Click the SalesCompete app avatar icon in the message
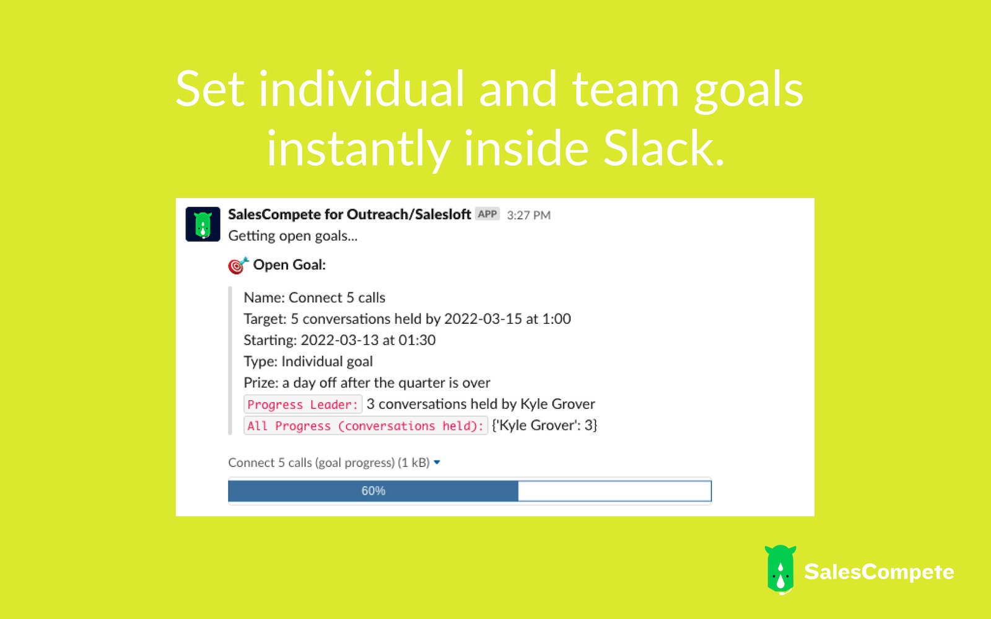[203, 224]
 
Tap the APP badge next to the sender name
[487, 214]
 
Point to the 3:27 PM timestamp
[529, 215]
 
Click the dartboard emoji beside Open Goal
[238, 266]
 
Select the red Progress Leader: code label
[303, 404]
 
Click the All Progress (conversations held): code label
[365, 425]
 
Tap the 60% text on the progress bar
[373, 491]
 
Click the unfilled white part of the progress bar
[614, 491]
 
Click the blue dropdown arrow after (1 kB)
[437, 462]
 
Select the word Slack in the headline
[663, 148]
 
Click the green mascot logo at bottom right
[780, 569]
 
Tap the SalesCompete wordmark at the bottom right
[879, 572]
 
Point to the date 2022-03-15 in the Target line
[483, 319]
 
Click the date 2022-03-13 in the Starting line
[340, 340]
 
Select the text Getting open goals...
[293, 236]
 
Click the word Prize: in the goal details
[261, 383]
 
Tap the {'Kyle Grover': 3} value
[544, 425]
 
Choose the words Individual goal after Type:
[327, 361]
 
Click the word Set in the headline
[210, 89]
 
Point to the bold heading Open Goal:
[289, 265]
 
